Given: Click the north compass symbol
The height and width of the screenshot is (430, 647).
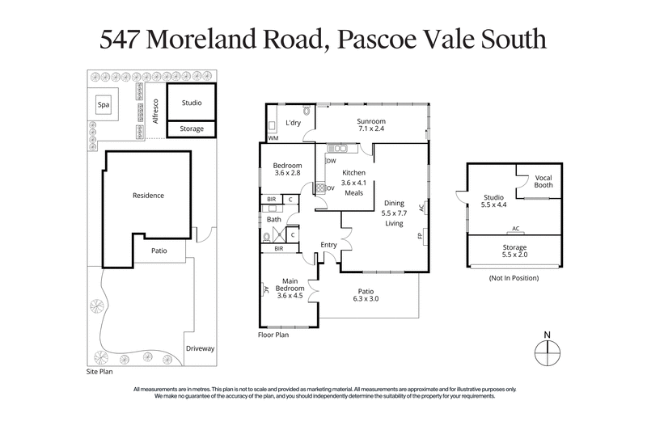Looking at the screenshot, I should [548, 351].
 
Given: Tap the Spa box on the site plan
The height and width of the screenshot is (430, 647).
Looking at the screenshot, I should [103, 105].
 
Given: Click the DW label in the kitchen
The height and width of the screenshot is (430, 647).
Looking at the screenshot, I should [331, 161].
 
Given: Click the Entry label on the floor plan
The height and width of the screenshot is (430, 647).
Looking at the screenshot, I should [328, 245].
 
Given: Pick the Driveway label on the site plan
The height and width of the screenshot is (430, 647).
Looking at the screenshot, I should [201, 348].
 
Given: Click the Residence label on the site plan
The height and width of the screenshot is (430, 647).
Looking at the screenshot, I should [148, 195].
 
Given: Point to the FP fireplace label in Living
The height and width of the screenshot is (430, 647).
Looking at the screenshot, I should [421, 238].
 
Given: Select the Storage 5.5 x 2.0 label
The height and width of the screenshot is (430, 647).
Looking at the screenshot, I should [515, 251].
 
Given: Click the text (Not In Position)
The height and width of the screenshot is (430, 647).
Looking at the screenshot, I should [514, 277].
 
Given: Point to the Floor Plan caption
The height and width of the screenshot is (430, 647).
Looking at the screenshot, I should [273, 334].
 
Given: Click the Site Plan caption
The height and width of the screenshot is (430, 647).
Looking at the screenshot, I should [101, 374].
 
